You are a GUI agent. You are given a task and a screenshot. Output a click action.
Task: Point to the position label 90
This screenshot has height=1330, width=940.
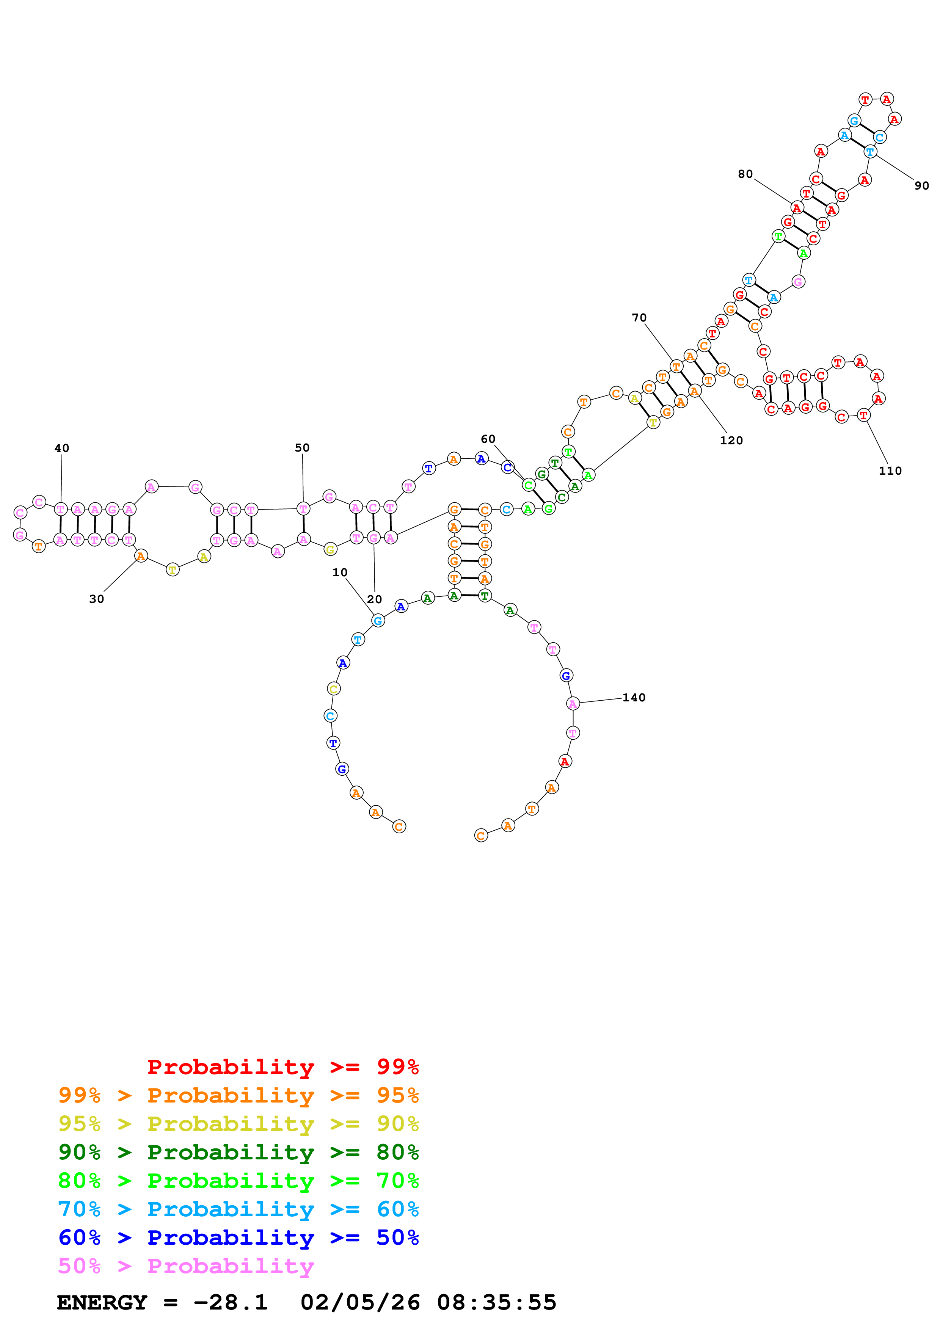(921, 185)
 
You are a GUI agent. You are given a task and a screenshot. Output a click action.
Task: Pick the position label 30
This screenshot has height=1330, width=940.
(96, 599)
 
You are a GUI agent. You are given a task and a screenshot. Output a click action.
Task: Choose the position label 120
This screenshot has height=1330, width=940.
(731, 440)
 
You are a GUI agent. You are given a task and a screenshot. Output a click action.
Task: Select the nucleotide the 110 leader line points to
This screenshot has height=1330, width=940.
(863, 415)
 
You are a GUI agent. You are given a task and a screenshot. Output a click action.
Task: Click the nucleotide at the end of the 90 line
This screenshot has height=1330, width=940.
(870, 152)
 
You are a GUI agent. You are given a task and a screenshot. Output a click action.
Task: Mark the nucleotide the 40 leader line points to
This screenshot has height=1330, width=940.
(61, 509)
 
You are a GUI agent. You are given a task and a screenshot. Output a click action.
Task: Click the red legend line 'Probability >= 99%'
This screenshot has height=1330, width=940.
(282, 1067)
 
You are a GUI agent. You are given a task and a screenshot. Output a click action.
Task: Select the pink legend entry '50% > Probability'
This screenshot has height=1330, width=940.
(186, 1266)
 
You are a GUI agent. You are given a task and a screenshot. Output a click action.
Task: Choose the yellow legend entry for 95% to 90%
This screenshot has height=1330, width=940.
(238, 1123)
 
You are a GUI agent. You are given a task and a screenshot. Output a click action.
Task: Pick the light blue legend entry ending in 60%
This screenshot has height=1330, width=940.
(238, 1209)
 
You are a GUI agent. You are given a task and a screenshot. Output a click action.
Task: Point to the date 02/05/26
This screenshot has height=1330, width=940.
(360, 1302)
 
